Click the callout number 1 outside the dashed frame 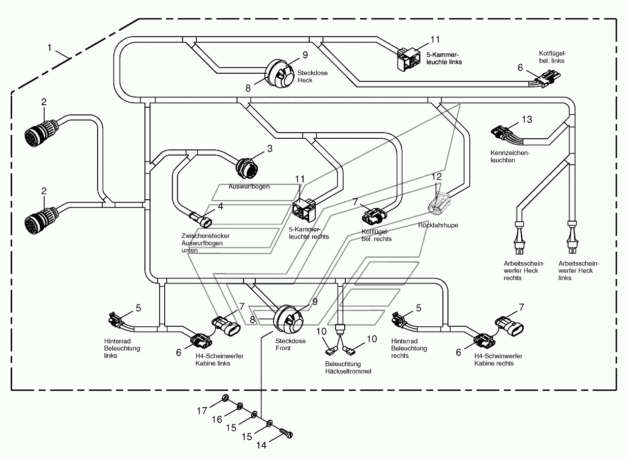49,48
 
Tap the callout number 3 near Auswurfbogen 270,148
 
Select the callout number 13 527,119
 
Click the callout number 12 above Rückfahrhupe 436,176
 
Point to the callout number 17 202,411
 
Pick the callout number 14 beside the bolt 261,445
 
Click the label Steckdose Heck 312,77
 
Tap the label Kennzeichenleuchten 510,157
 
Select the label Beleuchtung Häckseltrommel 348,368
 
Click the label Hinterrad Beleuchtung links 122,348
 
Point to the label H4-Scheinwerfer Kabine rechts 498,359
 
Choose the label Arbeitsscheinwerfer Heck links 578,271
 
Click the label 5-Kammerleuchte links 444,58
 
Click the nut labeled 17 225,398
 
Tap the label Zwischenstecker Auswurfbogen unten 205,243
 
